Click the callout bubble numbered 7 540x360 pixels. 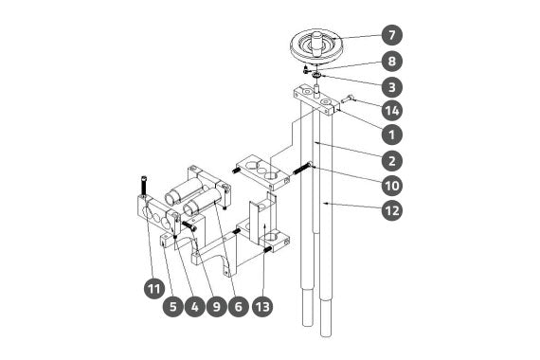pyautogui.click(x=392, y=35)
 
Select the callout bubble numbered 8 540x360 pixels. pyautogui.click(x=392, y=62)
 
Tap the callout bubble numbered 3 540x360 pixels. pyautogui.click(x=392, y=87)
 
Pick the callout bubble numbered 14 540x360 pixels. pyautogui.click(x=392, y=111)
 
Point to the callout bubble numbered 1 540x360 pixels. pyautogui.click(x=392, y=135)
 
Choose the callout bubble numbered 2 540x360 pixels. pyautogui.click(x=392, y=160)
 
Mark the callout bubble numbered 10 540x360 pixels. pyautogui.click(x=392, y=186)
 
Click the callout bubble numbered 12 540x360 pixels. pyautogui.click(x=392, y=210)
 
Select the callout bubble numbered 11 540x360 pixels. pyautogui.click(x=154, y=288)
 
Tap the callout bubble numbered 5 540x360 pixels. pyautogui.click(x=173, y=306)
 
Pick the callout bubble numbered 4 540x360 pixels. pyautogui.click(x=195, y=306)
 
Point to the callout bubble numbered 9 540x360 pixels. pyautogui.click(x=217, y=306)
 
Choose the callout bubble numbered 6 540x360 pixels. pyautogui.click(x=239, y=306)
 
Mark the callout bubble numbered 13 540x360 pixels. pyautogui.click(x=262, y=306)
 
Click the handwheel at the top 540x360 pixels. pyautogui.click(x=316, y=45)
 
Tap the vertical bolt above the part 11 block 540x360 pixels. pyautogui.click(x=144, y=187)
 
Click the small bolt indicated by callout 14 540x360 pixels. pyautogui.click(x=347, y=99)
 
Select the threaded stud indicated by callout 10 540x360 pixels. pyautogui.click(x=303, y=169)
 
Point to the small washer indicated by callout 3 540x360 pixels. pyautogui.click(x=316, y=75)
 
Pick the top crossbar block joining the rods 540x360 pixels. pyautogui.click(x=315, y=100)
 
